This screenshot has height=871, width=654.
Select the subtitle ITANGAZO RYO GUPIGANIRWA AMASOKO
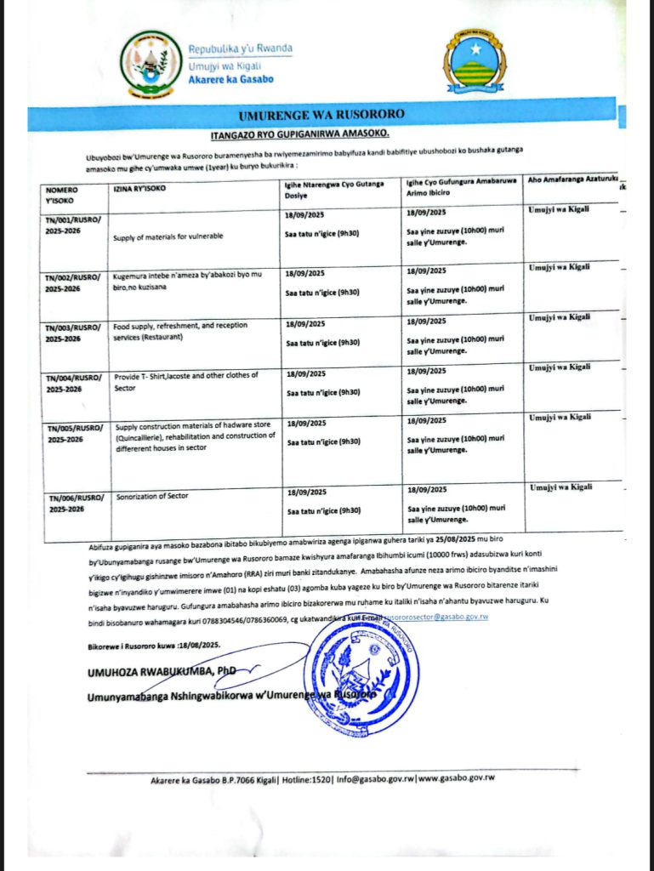tap(299, 134)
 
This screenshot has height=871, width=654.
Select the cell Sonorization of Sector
tap(151, 494)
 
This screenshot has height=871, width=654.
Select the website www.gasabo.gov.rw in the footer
tap(456, 777)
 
